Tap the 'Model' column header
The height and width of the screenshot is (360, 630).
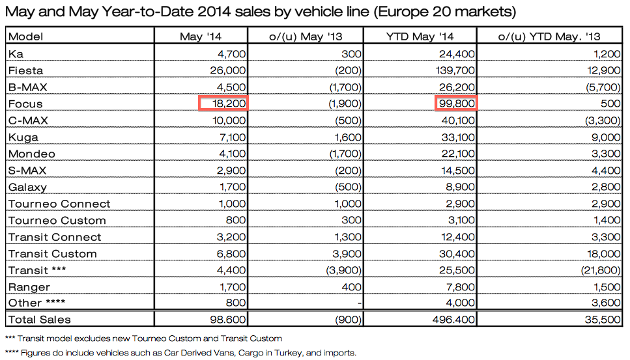pos(25,36)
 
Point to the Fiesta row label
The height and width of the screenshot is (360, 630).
pos(25,70)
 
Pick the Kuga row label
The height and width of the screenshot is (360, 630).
pos(23,137)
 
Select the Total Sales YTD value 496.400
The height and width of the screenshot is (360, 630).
pos(453,320)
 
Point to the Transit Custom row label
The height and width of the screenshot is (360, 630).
pos(52,254)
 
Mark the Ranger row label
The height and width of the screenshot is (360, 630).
pos(29,287)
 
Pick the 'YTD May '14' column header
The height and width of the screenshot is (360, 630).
pos(420,36)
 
